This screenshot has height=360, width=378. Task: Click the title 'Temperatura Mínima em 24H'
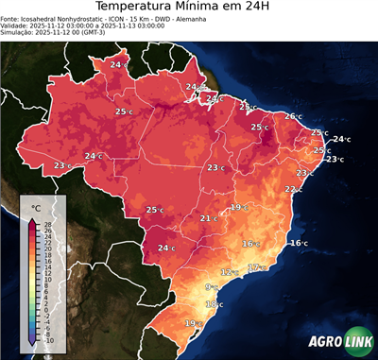coord(189,9)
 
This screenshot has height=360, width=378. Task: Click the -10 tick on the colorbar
coord(48,340)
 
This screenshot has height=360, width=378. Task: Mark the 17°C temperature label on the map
coord(255,267)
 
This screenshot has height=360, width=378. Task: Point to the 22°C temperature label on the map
coord(294,189)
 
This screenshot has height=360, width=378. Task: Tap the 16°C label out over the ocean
coord(298,243)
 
